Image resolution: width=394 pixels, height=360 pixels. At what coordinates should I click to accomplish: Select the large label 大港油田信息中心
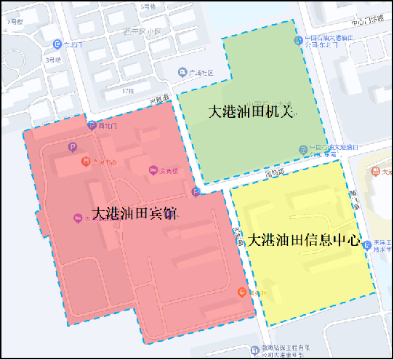point(305,239)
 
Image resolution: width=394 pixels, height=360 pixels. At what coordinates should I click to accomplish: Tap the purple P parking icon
point(72,146)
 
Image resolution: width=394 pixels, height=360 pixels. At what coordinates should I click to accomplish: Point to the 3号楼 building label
point(52,60)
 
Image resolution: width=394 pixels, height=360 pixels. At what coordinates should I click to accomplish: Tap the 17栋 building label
point(128,90)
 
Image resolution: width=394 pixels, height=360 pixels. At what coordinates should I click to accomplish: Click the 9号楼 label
point(15,22)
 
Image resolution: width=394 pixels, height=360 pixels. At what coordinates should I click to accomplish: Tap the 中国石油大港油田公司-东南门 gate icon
point(304,149)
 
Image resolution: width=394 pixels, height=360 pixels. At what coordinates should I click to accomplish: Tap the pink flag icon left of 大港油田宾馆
point(78,217)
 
